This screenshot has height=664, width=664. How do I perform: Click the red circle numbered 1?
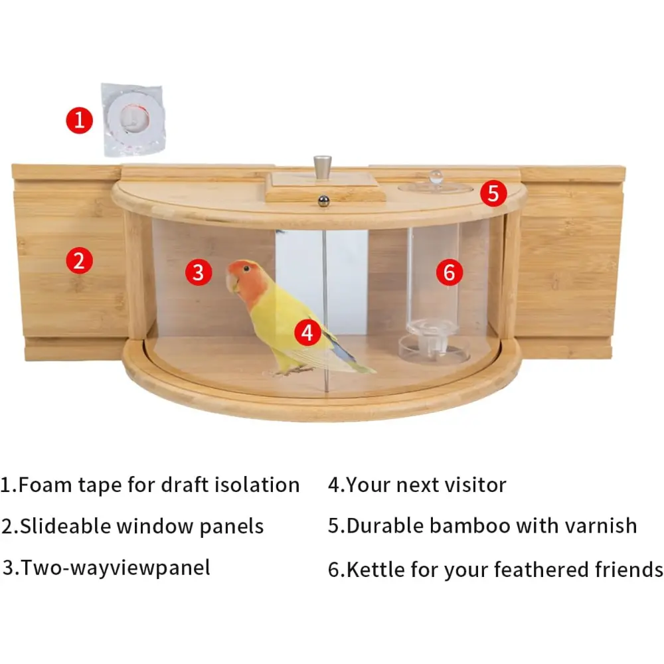pyautogui.click(x=79, y=120)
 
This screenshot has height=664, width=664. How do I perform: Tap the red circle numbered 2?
pyautogui.click(x=79, y=260)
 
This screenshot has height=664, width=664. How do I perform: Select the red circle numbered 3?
pyautogui.click(x=198, y=272)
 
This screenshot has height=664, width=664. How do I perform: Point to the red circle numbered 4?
pyautogui.click(x=308, y=332)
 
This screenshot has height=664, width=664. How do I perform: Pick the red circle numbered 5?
pyautogui.click(x=493, y=193)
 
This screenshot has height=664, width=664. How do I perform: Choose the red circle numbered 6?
pyautogui.click(x=450, y=272)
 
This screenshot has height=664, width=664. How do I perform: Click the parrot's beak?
pyautogui.click(x=231, y=282)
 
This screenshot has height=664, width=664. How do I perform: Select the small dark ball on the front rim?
pyautogui.click(x=323, y=201)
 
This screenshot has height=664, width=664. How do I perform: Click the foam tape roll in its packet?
pyautogui.click(x=133, y=120)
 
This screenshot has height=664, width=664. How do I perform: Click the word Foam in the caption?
pyautogui.click(x=45, y=485)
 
